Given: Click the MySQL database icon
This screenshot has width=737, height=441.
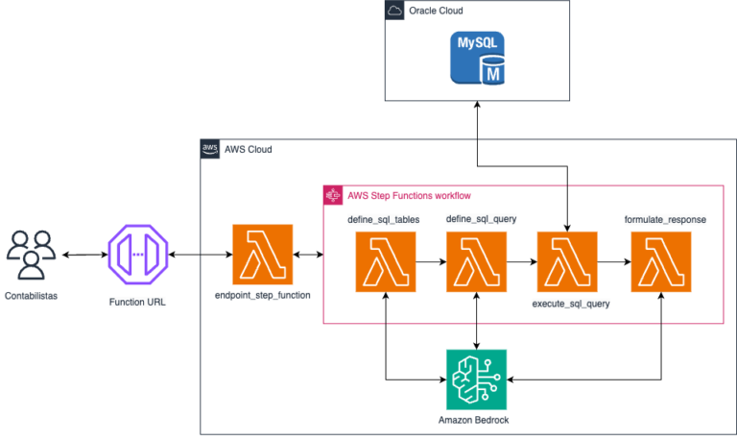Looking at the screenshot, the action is (477, 58).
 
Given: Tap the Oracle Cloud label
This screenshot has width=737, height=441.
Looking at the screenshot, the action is (436, 11).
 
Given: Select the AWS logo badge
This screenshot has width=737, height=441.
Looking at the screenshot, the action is (209, 149).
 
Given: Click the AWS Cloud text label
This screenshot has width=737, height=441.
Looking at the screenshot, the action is (249, 149).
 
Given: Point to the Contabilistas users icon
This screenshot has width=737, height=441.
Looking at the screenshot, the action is (31, 255).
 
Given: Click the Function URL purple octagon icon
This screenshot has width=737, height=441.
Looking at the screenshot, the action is (138, 255).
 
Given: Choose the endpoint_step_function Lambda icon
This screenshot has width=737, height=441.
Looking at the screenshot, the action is (263, 255).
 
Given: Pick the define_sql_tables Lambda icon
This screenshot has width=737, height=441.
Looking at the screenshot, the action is (386, 261).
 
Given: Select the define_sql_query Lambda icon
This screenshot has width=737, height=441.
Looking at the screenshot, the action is (476, 261).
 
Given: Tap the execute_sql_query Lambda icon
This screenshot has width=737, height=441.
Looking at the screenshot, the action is (567, 261).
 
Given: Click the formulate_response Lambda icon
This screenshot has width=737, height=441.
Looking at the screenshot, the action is (661, 261).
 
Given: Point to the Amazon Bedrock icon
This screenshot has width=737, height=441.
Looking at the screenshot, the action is (476, 380).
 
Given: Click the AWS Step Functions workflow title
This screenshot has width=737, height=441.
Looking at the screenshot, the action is (409, 195).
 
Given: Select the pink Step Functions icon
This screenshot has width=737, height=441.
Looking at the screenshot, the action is (333, 195).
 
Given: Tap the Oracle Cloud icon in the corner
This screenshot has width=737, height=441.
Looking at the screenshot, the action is (394, 10).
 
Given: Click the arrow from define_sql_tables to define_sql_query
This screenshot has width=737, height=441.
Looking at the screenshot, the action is (431, 261).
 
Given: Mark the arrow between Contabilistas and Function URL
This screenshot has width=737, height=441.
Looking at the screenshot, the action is (85, 255).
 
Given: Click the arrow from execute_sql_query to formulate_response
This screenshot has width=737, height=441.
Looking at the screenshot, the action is (614, 261).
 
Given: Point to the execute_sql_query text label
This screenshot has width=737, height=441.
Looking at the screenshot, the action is (571, 304).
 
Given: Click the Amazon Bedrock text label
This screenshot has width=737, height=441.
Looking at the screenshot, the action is (473, 420).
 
